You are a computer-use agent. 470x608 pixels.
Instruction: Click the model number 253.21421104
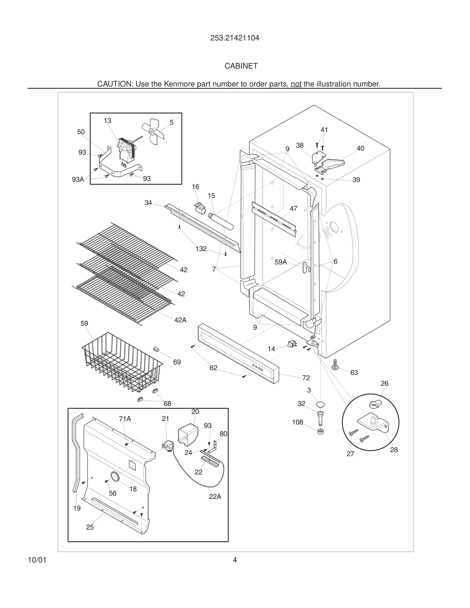[235, 38]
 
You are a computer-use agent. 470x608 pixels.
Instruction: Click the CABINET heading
[241, 66]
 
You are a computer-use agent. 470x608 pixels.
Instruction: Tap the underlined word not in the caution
[296, 84]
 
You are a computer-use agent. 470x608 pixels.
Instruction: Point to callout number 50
[81, 132]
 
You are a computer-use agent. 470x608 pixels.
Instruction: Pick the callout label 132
[201, 249]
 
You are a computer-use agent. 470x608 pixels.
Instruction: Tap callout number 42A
[180, 320]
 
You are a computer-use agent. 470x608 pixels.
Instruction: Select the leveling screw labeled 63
[335, 365]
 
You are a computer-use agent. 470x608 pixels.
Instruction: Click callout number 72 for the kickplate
[306, 378]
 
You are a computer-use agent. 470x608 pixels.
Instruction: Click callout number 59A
[280, 262]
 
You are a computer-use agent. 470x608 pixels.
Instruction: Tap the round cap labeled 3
[321, 404]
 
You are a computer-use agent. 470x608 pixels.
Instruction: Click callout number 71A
[125, 419]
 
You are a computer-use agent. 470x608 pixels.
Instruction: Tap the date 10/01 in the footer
[37, 560]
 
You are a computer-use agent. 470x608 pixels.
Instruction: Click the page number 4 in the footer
[235, 560]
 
